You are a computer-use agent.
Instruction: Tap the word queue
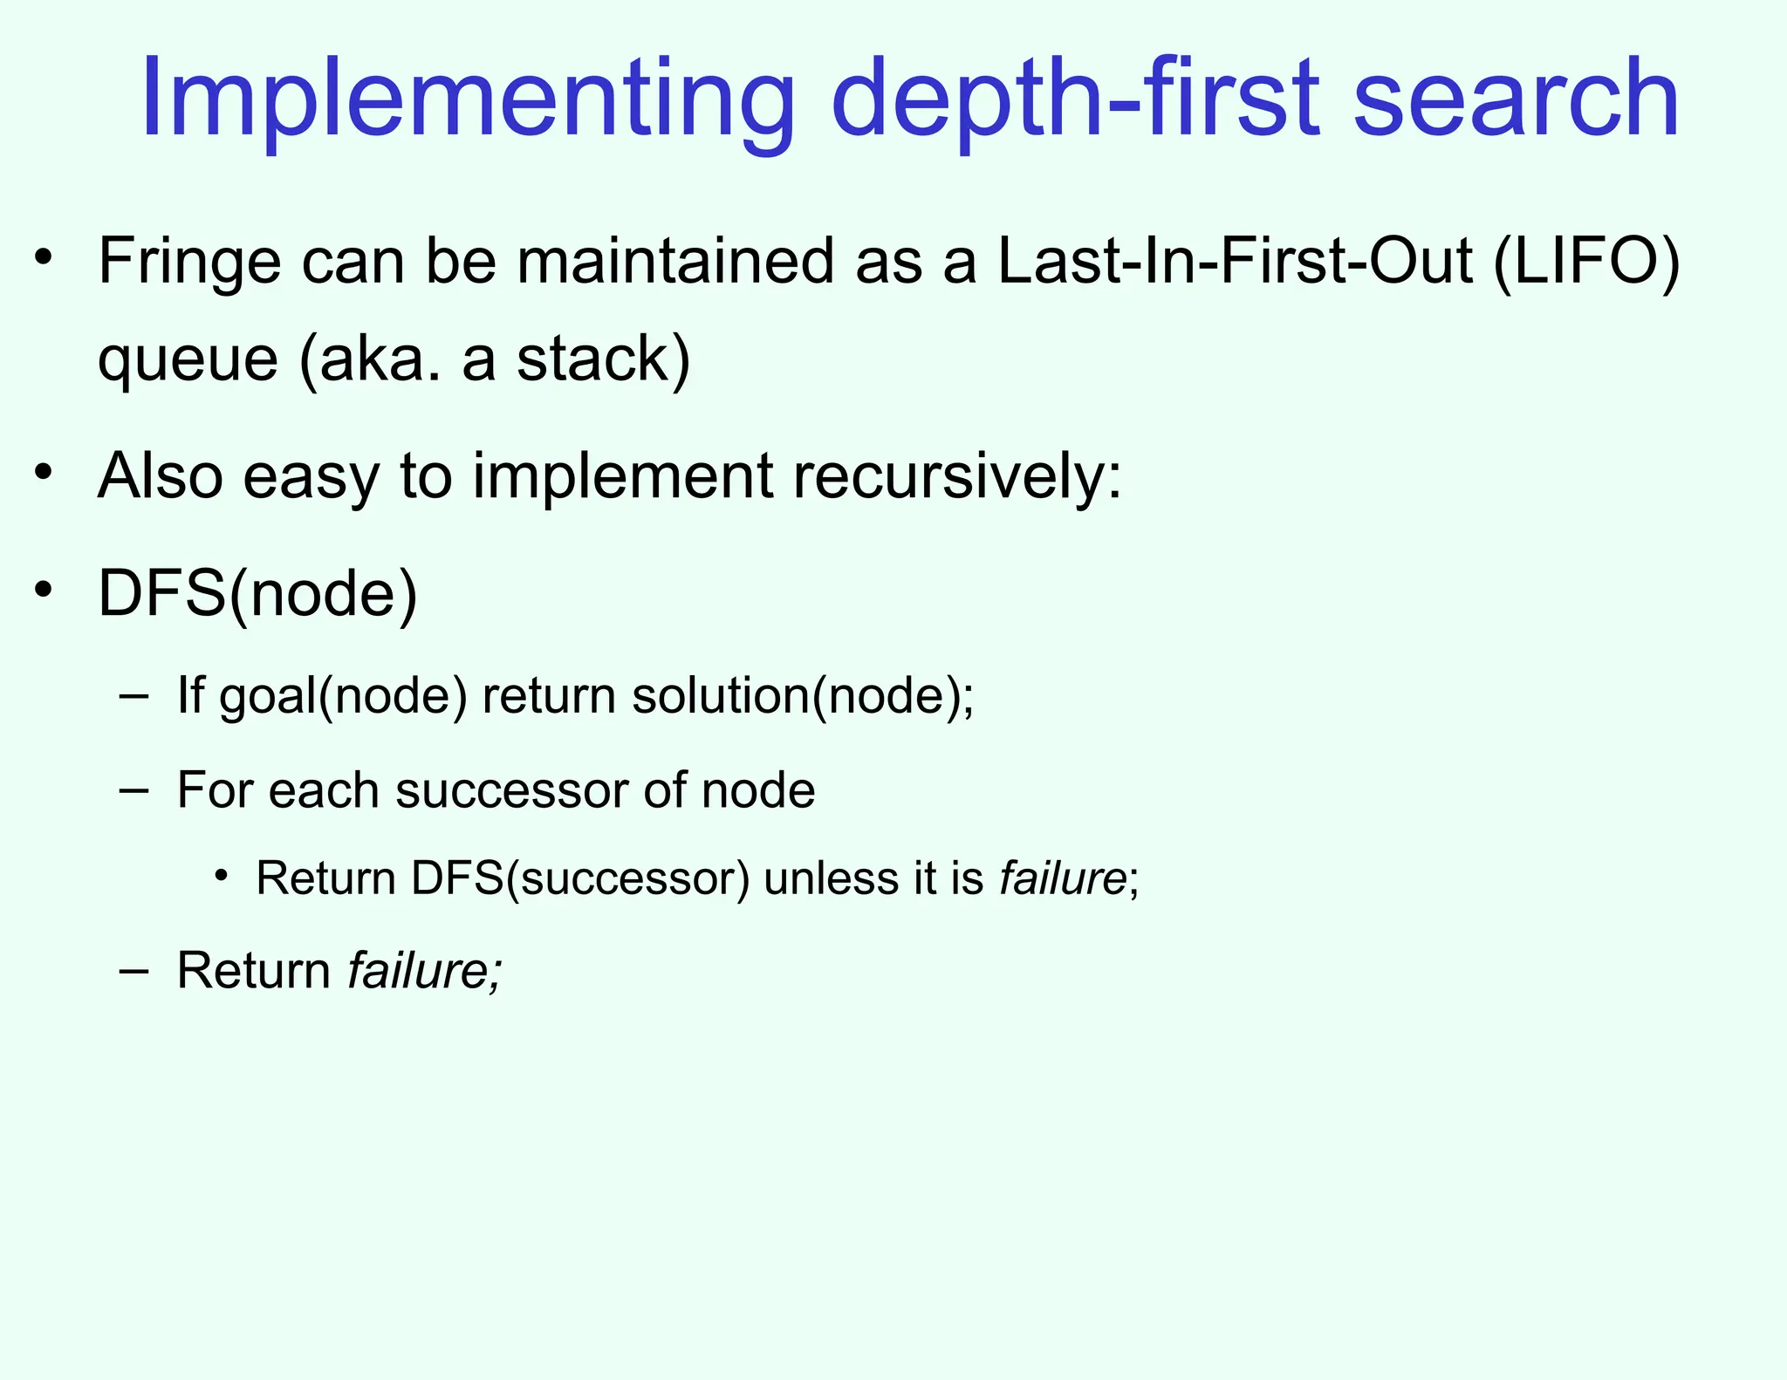click(187, 359)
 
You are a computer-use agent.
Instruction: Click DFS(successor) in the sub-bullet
click(580, 878)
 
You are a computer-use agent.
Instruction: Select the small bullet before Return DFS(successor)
click(222, 875)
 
